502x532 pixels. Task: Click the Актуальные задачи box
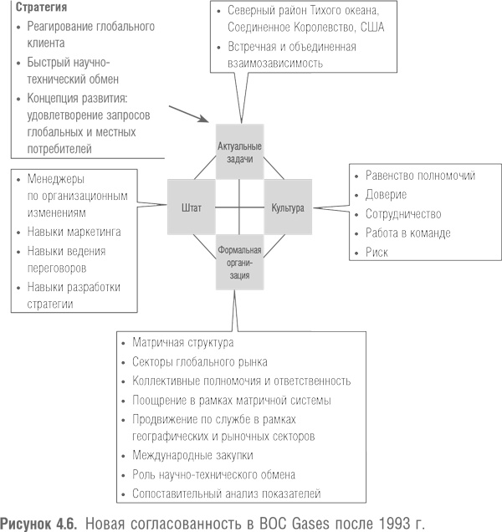[240, 153]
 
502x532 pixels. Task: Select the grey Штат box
[191, 206]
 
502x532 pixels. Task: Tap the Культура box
[288, 206]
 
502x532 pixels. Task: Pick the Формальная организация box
[240, 262]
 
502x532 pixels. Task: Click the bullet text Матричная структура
[182, 343]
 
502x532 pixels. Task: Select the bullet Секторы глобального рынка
[200, 362]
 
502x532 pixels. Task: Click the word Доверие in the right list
[387, 195]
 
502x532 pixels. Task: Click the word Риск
[377, 252]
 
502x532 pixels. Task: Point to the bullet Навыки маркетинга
[74, 231]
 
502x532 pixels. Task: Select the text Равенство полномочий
[420, 176]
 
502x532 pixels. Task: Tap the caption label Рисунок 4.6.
[40, 522]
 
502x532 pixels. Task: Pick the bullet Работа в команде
[408, 233]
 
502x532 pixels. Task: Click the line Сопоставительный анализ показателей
[226, 494]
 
